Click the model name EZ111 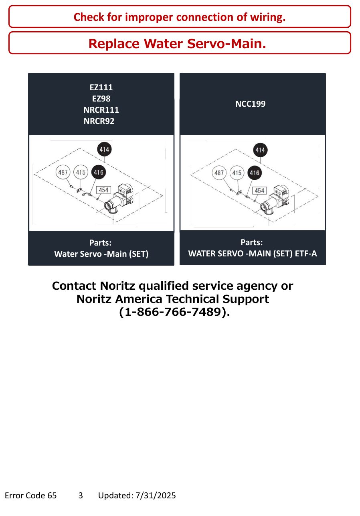101,87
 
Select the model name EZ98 101,99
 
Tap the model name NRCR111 101,110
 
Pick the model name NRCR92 99,121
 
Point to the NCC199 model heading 250,104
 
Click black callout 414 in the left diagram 104,149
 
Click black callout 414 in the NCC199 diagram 260,150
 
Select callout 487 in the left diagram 63,172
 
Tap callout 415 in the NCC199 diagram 237,173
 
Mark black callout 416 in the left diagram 99,172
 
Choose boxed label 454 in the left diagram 103,190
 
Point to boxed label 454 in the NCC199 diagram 259,191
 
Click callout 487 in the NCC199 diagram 219,173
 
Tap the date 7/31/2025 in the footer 156,495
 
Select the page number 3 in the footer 81,495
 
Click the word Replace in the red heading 114,44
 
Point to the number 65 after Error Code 52,495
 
